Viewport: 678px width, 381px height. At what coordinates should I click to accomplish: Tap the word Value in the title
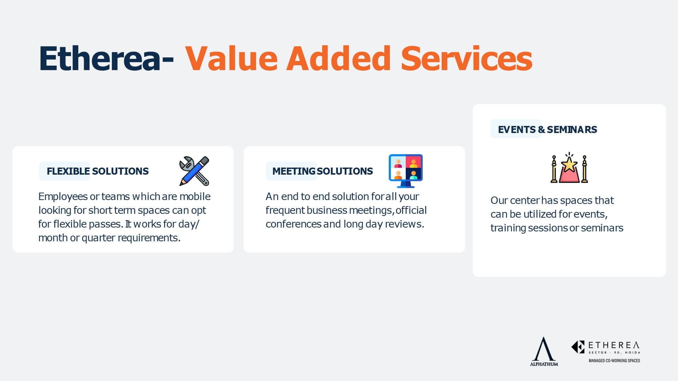tap(232, 58)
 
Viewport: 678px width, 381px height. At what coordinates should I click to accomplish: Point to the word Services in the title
tap(466, 58)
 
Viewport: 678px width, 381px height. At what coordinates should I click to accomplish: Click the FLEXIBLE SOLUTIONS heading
tap(97, 171)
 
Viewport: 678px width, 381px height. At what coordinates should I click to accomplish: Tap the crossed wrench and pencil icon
tap(194, 171)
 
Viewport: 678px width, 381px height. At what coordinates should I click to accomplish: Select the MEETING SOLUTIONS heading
tap(322, 171)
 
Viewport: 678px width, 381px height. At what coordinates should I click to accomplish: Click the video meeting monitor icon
tap(406, 171)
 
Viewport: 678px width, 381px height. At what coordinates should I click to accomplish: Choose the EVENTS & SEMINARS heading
tap(547, 129)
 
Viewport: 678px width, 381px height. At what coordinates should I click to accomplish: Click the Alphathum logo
tap(544, 351)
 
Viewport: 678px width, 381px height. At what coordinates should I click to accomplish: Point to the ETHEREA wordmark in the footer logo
tap(614, 345)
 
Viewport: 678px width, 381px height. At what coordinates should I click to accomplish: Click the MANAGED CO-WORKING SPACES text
tap(614, 361)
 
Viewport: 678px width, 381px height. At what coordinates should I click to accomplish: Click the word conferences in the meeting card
tap(293, 224)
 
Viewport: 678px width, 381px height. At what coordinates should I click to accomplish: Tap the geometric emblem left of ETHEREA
tap(578, 347)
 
